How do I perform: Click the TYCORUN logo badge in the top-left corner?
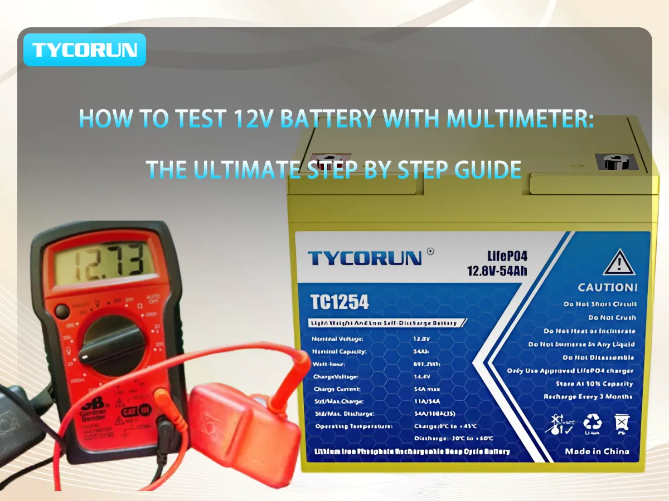pos(84,50)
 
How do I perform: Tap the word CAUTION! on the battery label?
pos(607,287)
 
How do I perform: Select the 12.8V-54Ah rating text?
pos(497,271)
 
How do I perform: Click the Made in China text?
pos(597,451)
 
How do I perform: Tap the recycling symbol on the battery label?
pos(592,424)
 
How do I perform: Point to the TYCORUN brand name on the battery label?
pos(365,258)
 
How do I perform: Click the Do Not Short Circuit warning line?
pos(600,304)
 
